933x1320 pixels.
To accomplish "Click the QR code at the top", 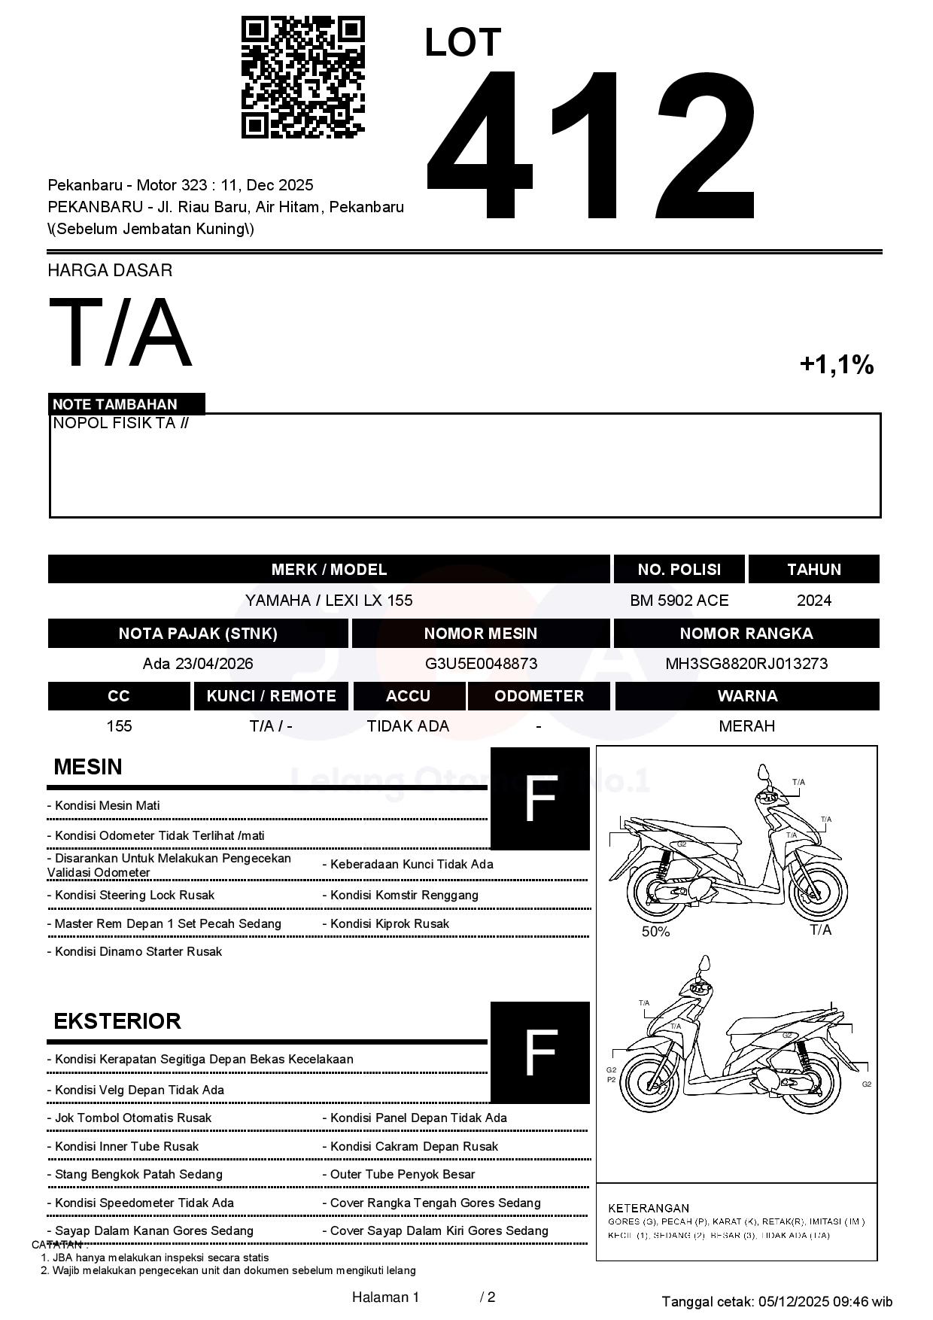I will pos(302,78).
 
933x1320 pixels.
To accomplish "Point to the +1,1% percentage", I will pos(836,365).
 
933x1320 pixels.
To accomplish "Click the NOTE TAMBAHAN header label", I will pos(115,404).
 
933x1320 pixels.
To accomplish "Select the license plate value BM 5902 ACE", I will pos(679,601).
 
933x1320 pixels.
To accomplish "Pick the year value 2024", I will pos(813,601).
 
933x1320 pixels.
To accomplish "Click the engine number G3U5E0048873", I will pos(481,664).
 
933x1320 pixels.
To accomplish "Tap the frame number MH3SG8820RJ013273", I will pos(746,664).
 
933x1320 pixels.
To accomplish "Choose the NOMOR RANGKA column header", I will pos(746,634).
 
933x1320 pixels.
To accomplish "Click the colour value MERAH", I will pos(746,726).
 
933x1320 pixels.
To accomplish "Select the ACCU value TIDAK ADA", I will pos(408,726).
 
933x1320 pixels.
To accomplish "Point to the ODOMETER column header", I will pos(539,696).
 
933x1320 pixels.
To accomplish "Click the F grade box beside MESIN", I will pos(539,798).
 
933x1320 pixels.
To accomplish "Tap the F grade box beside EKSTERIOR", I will pos(539,1052).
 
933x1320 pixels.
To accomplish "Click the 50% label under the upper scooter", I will pos(655,932).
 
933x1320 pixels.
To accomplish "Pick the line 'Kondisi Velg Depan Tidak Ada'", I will pos(139,1090).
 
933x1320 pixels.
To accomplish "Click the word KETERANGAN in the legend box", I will pos(649,1208).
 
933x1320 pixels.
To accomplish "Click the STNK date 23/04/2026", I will pos(214,664).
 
